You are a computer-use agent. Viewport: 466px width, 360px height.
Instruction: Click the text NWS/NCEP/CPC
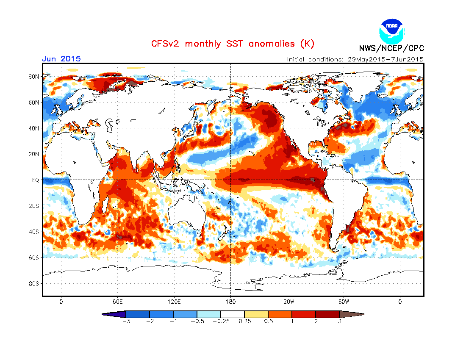click(x=391, y=48)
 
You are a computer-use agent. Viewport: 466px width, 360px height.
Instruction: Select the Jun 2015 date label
click(x=61, y=59)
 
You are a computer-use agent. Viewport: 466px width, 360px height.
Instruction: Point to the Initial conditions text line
click(x=355, y=59)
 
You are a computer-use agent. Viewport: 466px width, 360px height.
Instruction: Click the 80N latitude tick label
click(x=33, y=77)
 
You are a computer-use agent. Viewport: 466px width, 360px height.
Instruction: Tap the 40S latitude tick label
click(x=33, y=232)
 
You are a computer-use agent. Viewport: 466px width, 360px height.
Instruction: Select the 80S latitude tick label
click(x=33, y=283)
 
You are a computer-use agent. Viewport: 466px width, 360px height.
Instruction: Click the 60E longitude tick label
click(x=117, y=302)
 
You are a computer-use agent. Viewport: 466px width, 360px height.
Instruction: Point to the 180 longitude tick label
click(x=230, y=302)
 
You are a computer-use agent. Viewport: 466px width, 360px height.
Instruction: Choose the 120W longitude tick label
click(x=287, y=302)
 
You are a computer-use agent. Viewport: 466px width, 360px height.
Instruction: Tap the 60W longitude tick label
click(x=344, y=302)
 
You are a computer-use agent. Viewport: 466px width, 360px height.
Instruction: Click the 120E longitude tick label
click(x=174, y=302)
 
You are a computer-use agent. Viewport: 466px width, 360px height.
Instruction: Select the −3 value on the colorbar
click(x=125, y=321)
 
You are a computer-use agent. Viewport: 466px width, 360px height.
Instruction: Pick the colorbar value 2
click(x=316, y=321)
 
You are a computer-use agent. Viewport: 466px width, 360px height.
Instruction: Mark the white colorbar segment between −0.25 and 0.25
click(x=233, y=314)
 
